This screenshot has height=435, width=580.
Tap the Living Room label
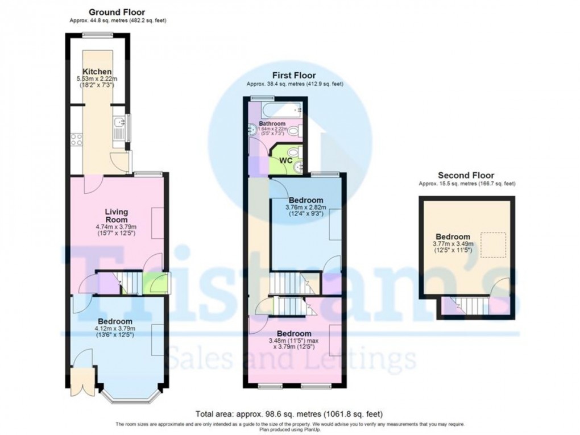point(116,216)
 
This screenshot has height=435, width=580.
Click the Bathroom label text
point(272,123)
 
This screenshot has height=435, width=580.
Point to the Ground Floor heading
point(117,12)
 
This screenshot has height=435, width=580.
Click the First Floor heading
point(293,75)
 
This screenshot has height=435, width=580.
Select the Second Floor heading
point(466,175)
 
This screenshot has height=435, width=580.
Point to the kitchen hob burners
point(76,139)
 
